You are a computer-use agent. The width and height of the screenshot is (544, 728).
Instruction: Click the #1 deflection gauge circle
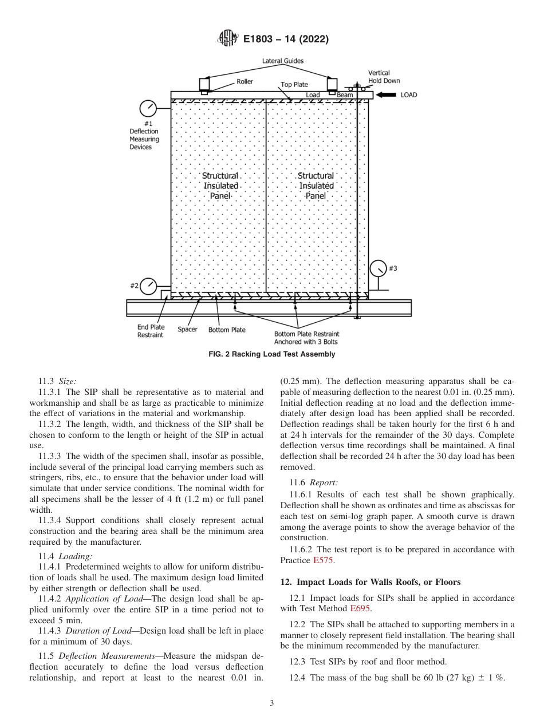pyautogui.click(x=148, y=109)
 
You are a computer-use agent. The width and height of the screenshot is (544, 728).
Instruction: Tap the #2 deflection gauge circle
pyautogui.click(x=149, y=286)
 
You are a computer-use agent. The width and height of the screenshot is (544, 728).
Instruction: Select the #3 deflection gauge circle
pyautogui.click(x=379, y=268)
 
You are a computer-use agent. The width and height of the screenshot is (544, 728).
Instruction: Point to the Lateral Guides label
pyautogui.click(x=283, y=61)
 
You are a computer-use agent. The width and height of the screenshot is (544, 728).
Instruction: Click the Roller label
pyautogui.click(x=245, y=82)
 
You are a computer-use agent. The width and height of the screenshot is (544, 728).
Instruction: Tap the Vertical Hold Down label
pyautogui.click(x=384, y=77)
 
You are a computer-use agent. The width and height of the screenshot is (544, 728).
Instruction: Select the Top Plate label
pyautogui.click(x=294, y=85)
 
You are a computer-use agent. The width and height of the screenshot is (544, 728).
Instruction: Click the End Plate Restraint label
pyautogui.click(x=150, y=331)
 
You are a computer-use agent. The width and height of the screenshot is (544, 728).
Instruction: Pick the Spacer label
pyautogui.click(x=187, y=330)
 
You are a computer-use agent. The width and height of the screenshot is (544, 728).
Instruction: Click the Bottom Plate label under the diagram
pyautogui.click(x=227, y=330)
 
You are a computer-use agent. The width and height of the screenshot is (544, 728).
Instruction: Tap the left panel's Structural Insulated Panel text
pyautogui.click(x=220, y=185)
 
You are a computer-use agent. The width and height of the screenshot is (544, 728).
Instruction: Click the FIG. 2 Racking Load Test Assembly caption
pyautogui.click(x=271, y=354)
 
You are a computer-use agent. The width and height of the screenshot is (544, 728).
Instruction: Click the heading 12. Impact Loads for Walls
pyautogui.click(x=370, y=582)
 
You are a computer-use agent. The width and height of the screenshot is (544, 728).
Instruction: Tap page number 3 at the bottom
pyautogui.click(x=272, y=703)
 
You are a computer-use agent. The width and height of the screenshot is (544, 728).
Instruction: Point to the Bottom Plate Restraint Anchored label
pyautogui.click(x=306, y=338)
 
